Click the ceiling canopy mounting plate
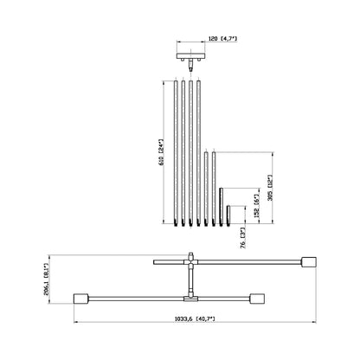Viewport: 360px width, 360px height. (x=190, y=57)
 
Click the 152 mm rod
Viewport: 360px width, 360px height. (x=221, y=206)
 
